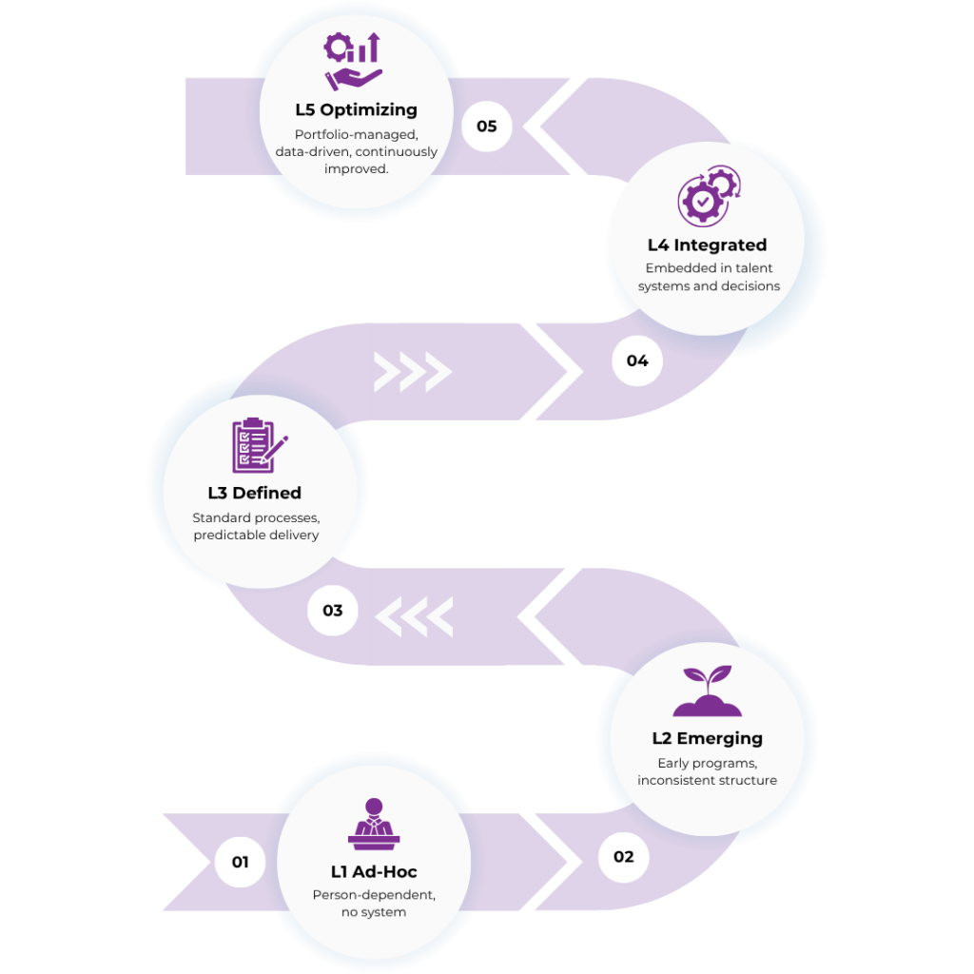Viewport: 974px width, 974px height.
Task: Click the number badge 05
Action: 486,127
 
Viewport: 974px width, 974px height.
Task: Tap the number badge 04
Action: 637,360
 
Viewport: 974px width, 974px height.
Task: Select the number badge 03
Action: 332,610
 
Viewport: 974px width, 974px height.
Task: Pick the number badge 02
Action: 623,856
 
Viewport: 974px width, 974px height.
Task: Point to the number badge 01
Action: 240,862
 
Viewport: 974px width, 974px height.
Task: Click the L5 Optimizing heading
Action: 356,110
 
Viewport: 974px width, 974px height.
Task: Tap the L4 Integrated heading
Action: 707,245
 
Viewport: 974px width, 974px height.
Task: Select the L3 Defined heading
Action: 255,493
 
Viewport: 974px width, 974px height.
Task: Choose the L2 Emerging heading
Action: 707,738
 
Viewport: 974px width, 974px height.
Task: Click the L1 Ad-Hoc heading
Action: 374,871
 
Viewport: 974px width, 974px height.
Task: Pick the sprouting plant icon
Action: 707,692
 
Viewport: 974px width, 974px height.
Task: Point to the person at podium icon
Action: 374,825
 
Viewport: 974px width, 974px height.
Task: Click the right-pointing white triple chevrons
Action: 412,372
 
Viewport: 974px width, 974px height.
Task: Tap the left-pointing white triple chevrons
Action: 414,618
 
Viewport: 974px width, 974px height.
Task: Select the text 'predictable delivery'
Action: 256,536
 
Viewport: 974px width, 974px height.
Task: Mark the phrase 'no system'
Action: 374,912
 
